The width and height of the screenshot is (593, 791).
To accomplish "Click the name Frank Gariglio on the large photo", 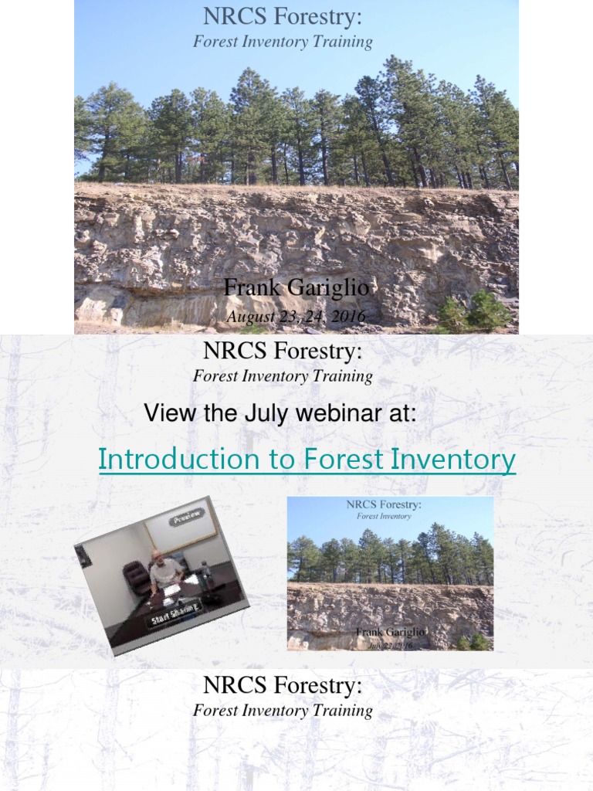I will [x=296, y=288].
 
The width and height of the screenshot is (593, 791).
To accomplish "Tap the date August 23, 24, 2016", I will [x=296, y=317].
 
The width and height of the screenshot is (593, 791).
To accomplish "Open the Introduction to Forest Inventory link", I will [x=307, y=460].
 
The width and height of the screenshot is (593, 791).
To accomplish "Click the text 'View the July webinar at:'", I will [x=280, y=414].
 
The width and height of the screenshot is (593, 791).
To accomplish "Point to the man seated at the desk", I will [x=165, y=571].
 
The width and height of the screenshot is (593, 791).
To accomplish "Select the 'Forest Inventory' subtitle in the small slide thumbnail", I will [x=384, y=515].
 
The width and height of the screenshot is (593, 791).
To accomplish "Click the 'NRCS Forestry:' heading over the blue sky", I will [x=283, y=16].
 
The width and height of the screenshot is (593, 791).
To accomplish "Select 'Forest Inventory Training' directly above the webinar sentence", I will [x=283, y=377].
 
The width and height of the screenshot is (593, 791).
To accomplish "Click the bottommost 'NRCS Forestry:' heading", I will [x=283, y=684].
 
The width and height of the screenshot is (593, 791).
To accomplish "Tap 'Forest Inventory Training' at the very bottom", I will [x=283, y=711].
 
